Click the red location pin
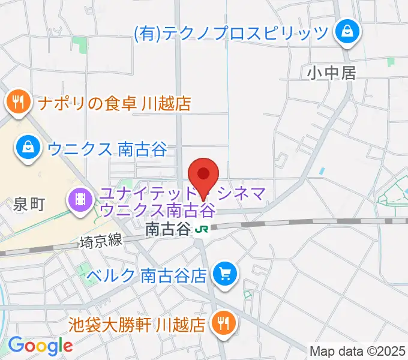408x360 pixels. pos(203,175)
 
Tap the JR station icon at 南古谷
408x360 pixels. pos(202,229)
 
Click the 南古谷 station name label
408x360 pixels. pos(168,229)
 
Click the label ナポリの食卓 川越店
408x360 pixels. pos(114,103)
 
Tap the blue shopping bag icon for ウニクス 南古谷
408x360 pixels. pos(28,147)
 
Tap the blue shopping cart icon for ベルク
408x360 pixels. pos(226,275)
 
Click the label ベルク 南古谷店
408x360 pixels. pos(146,275)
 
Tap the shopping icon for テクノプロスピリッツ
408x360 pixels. pos(347,31)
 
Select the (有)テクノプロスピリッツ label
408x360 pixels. pos(230,31)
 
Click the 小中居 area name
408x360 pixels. pos(332,73)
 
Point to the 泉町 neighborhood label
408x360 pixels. pos(29,205)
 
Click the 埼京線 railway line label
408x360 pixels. pos(101,241)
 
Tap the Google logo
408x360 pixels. pos(40,346)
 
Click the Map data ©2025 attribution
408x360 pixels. pos(358,350)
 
